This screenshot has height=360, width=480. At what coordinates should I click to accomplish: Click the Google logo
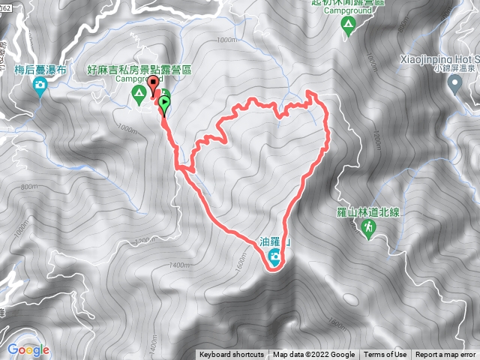click(x=28, y=349)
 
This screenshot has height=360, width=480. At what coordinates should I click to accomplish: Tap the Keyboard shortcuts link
click(x=232, y=355)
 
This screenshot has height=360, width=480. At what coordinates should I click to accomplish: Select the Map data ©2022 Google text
click(x=313, y=355)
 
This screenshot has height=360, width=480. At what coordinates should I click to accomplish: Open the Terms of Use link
click(x=385, y=355)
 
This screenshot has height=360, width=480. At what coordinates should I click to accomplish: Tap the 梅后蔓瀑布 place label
click(x=40, y=70)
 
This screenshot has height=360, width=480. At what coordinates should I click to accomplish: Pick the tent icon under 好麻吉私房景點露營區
click(x=138, y=94)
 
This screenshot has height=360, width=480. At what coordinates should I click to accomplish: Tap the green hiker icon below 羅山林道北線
click(x=367, y=229)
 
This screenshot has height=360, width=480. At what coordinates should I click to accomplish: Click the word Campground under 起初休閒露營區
click(x=347, y=10)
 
